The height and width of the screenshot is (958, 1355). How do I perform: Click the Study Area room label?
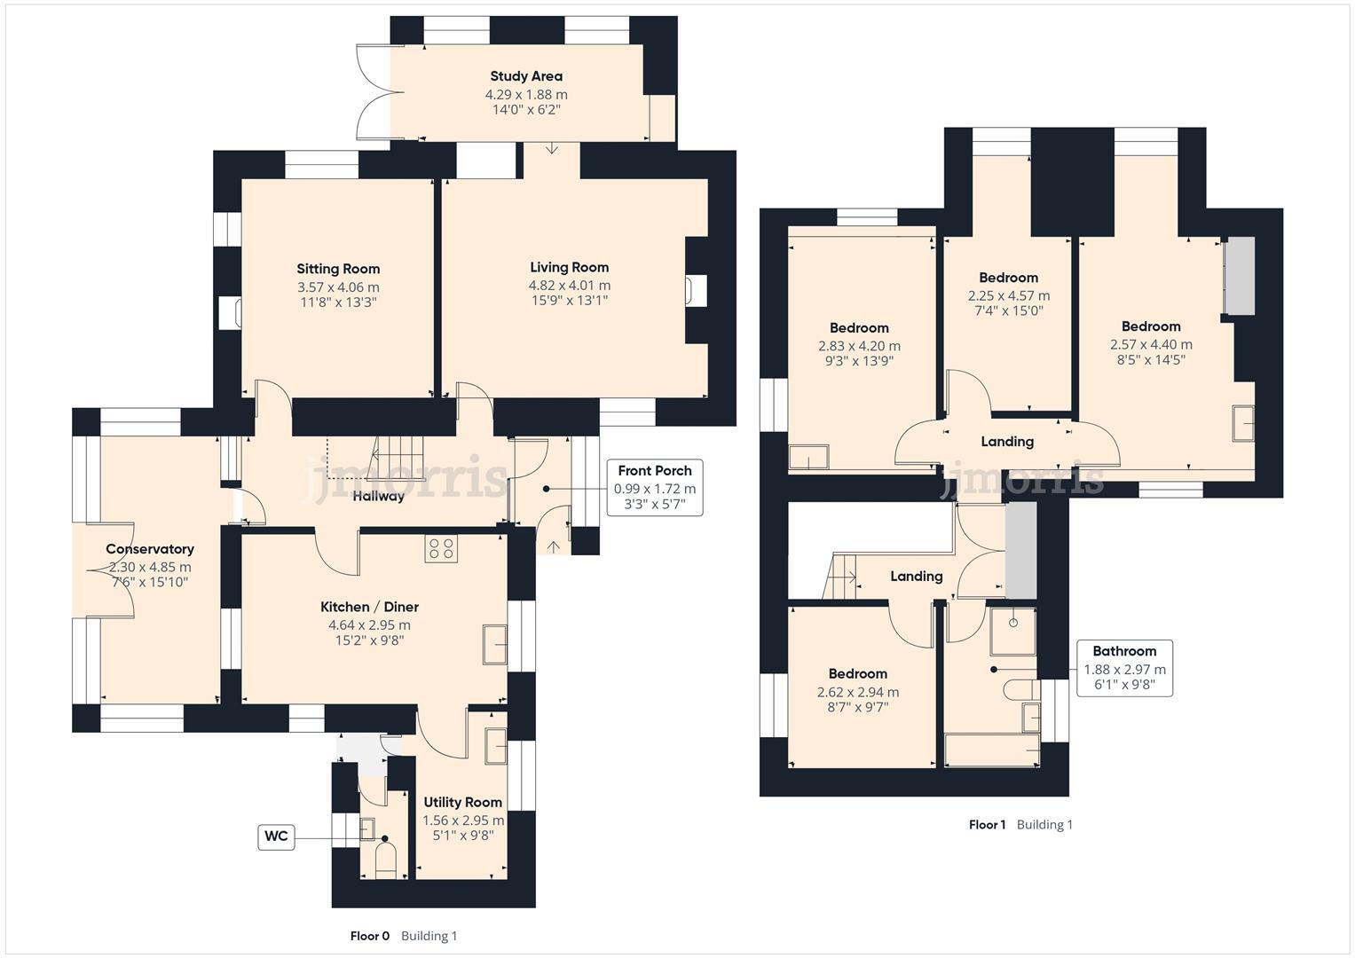[x=526, y=76]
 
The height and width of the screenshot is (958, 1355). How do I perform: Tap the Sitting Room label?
[x=338, y=269]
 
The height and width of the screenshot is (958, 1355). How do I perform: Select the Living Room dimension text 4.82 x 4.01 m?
[x=570, y=286]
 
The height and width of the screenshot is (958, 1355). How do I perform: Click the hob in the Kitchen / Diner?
[x=441, y=548]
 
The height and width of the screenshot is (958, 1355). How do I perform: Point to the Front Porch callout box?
[x=655, y=488]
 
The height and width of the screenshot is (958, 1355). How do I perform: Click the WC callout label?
[x=276, y=837]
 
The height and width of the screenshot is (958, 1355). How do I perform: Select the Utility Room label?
[x=462, y=802]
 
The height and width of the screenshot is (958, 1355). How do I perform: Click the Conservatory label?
[x=150, y=549]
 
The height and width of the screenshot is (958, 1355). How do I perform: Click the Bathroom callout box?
[x=1124, y=668]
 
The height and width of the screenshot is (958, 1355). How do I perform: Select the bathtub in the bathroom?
[x=992, y=750]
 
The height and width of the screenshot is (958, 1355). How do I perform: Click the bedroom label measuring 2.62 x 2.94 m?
[x=858, y=674]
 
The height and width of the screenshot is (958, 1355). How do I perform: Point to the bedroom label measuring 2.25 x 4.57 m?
[x=1008, y=278]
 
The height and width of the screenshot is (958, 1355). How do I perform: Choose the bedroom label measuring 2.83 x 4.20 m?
[x=859, y=328]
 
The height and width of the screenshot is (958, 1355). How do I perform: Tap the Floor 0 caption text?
[x=370, y=936]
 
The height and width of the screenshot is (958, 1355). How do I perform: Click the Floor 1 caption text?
[x=987, y=825]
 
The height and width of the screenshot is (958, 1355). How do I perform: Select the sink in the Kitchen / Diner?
[x=494, y=644]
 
